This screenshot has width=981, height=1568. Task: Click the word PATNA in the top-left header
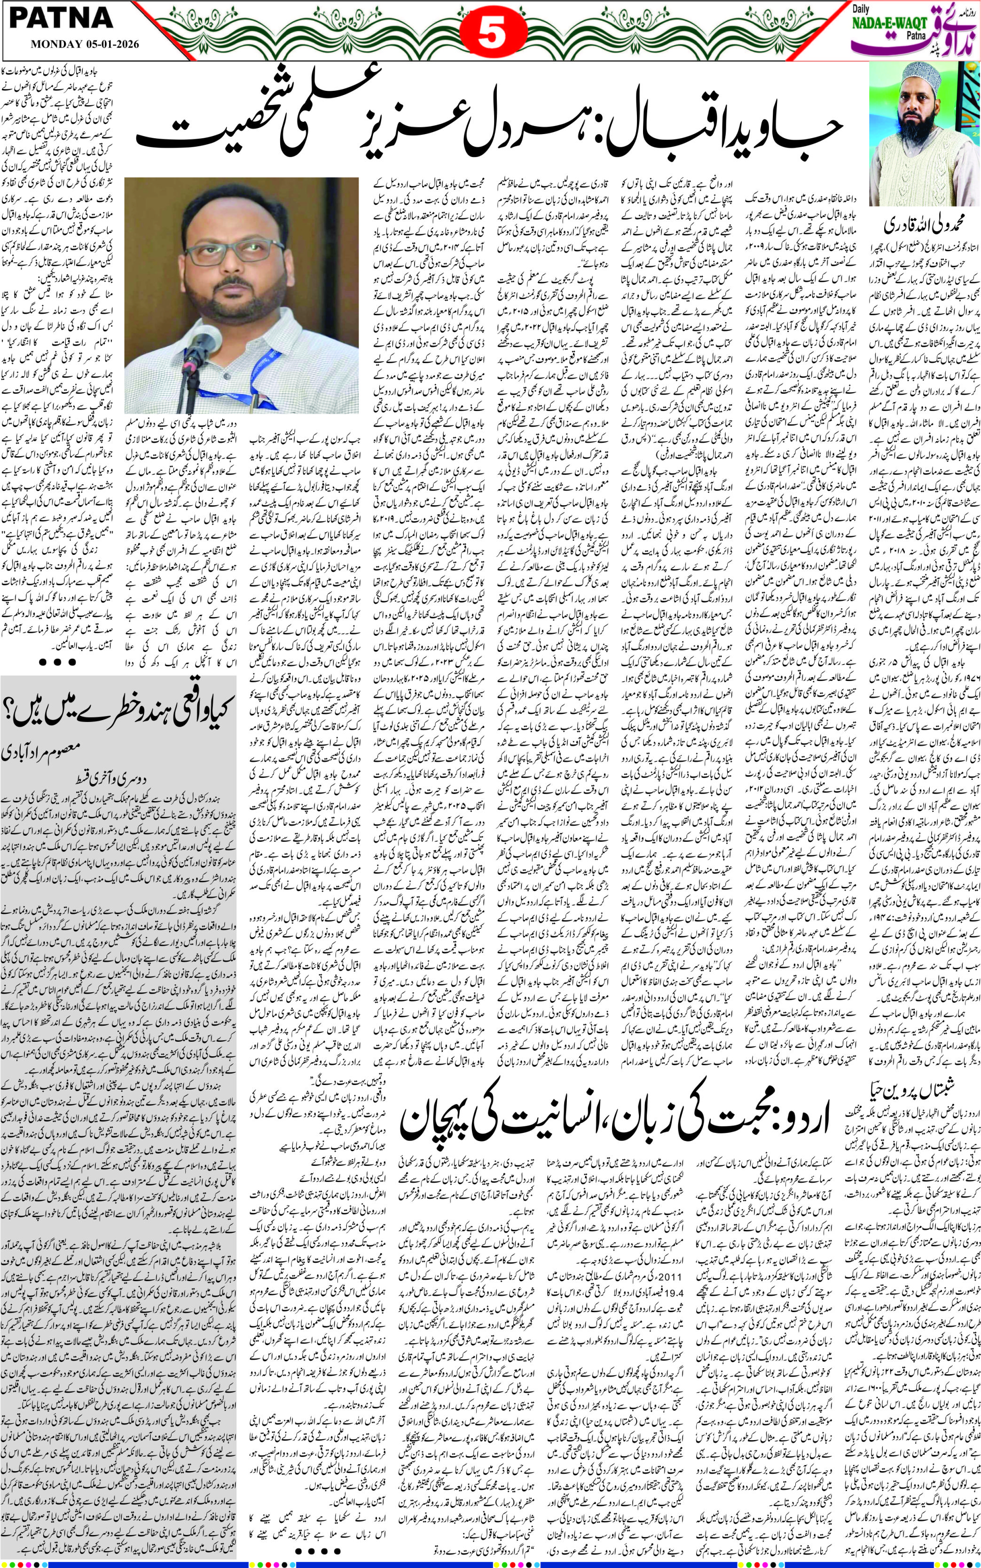click(x=62, y=19)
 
